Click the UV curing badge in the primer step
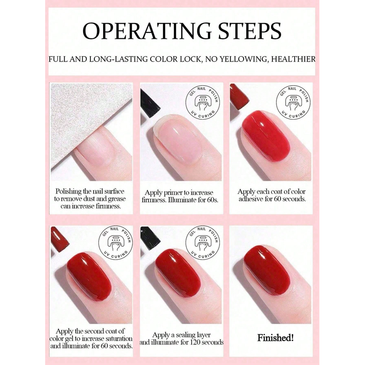pyautogui.click(x=203, y=102)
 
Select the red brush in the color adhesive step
pyautogui.click(x=239, y=97)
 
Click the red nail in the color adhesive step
pyautogui.click(x=266, y=136)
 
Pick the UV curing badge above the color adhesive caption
pyautogui.click(x=293, y=102)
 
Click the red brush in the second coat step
pyautogui.click(x=59, y=239)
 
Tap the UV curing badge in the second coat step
pyautogui.click(x=116, y=243)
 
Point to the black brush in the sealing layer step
pyautogui.click(x=150, y=238)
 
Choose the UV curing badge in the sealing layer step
pyautogui.click(x=203, y=243)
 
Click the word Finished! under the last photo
pyautogui.click(x=276, y=338)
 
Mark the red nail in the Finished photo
pyautogui.click(x=267, y=270)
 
